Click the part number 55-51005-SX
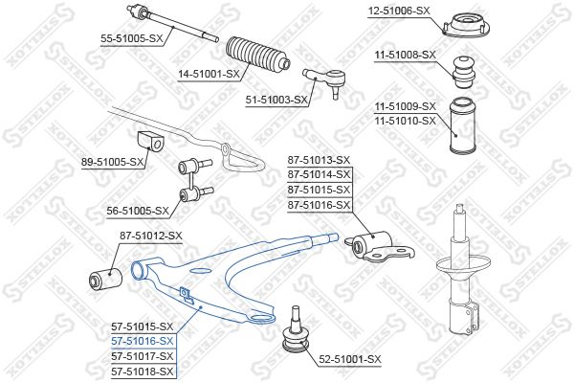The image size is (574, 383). tap(131, 38)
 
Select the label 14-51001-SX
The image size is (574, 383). tap(209, 75)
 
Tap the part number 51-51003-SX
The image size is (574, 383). tap(276, 100)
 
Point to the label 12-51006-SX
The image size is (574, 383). tap(399, 11)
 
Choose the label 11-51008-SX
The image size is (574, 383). tap(406, 55)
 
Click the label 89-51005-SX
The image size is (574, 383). tap(113, 162)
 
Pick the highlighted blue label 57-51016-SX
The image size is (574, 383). tap(142, 341)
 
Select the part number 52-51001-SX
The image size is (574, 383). tap(350, 359)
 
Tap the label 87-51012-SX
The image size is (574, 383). tap(151, 237)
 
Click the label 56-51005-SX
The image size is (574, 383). tap(138, 211)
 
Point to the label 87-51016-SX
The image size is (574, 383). tap(319, 205)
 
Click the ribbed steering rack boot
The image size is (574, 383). tap(258, 54)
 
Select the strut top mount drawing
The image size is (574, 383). tap(466, 25)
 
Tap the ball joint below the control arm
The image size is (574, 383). tap(295, 332)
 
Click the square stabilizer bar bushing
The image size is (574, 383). tap(151, 141)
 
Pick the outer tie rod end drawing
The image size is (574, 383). tap(326, 81)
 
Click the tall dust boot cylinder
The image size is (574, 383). tap(463, 125)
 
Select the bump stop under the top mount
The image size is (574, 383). tap(464, 72)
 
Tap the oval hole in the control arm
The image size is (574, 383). tap(201, 271)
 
